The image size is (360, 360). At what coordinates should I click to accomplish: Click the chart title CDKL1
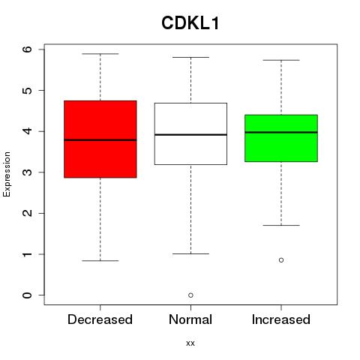(190, 23)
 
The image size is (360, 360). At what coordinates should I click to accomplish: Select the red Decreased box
(100, 139)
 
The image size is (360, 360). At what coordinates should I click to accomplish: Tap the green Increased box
(281, 138)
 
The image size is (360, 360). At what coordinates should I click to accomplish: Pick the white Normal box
(190, 133)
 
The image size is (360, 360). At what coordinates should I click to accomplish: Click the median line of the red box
(100, 140)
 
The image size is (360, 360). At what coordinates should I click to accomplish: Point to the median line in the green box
(281, 132)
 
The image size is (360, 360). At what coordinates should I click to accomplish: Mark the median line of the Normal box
(190, 135)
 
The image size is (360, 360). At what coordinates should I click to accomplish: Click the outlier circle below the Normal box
(190, 295)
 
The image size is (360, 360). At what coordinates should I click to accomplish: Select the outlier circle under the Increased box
(281, 260)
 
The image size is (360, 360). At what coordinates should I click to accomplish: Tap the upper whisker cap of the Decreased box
(100, 54)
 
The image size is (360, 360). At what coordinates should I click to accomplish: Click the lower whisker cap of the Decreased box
(100, 261)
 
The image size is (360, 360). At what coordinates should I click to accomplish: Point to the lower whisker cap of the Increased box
(281, 225)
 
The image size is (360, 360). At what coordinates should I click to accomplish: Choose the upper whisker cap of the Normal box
(190, 57)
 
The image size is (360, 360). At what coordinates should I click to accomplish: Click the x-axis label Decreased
(100, 319)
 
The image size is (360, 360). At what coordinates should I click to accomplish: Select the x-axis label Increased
(281, 319)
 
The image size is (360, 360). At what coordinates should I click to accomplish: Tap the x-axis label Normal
(190, 319)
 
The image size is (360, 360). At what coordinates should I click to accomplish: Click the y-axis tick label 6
(28, 49)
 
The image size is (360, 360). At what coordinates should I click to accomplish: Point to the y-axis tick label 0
(28, 295)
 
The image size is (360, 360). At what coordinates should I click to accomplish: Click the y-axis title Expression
(7, 174)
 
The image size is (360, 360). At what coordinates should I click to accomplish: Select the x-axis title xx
(190, 343)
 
